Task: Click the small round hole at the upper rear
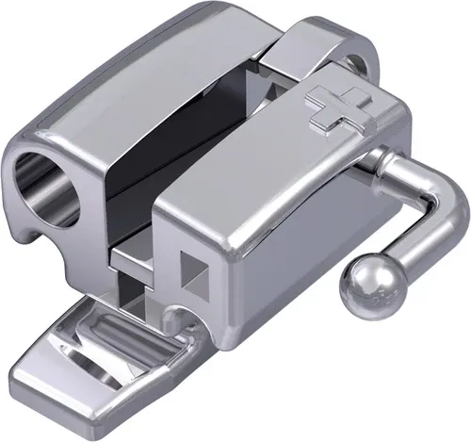click(x=356, y=65)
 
